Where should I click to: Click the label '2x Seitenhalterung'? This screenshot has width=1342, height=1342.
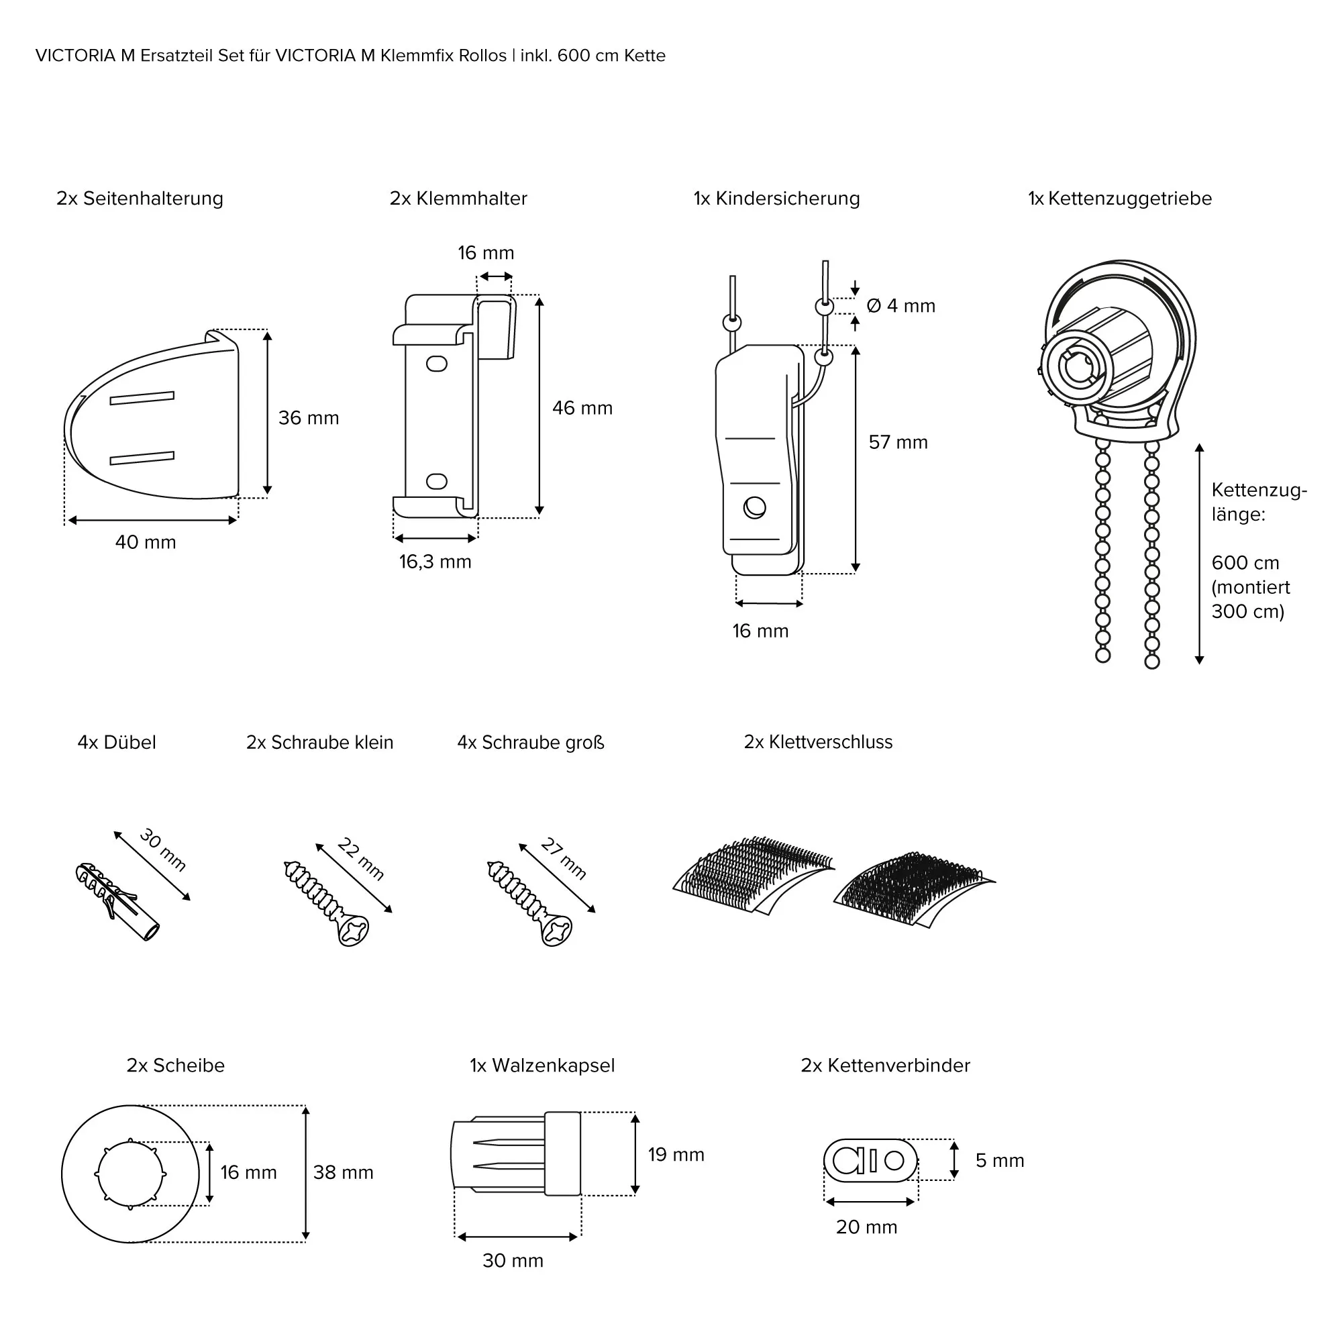(140, 199)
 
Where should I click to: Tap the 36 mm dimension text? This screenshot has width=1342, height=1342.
(309, 418)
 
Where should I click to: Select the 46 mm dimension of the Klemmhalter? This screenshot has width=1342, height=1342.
(582, 409)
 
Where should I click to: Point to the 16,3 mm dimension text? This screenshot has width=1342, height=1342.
(435, 562)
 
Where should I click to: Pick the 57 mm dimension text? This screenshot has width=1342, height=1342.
(898, 442)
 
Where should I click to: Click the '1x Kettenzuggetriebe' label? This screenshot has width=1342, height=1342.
(1120, 199)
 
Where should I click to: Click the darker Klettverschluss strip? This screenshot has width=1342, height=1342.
(913, 889)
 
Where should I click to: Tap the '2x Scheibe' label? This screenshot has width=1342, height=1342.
(176, 1066)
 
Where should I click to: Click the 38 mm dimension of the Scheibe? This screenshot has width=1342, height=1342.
(343, 1172)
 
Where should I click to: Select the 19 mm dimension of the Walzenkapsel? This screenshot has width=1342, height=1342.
(676, 1154)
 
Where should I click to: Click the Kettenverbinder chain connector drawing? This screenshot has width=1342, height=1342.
(870, 1160)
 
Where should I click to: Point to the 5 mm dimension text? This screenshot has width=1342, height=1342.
(1000, 1160)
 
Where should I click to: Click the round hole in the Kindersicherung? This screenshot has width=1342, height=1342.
(755, 508)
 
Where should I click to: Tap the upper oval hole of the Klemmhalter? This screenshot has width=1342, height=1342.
(436, 363)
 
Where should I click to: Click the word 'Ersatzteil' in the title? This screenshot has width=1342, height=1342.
(176, 56)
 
